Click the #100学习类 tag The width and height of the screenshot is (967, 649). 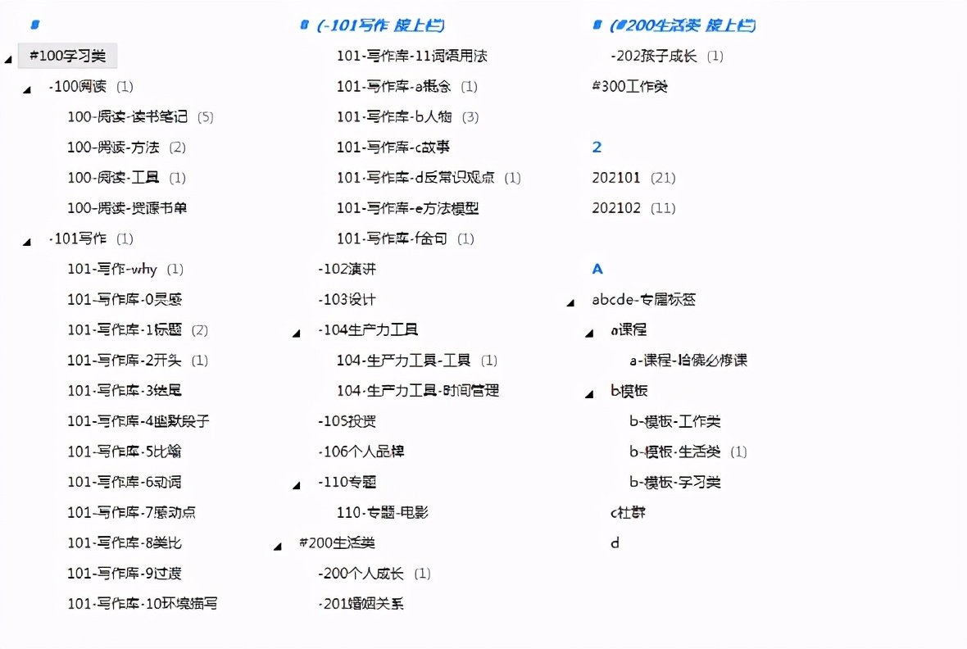pos(68,56)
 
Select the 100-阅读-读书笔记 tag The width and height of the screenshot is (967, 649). pos(127,117)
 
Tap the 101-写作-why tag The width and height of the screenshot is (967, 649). pos(112,269)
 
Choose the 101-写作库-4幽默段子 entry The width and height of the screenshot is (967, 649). pos(138,421)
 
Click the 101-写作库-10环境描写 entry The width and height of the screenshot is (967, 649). pos(142,604)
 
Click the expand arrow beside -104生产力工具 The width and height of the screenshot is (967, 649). pos(297,333)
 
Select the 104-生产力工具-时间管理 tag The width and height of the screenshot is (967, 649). pos(418,391)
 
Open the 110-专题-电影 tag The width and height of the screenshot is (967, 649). pos(383,512)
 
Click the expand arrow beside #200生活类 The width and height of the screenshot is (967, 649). pos(278,546)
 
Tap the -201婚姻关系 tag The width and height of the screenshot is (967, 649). pos(361,604)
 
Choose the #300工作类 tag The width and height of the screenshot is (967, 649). pos(630,86)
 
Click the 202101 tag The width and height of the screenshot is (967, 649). pos(616,178)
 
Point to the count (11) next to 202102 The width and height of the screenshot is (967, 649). pos(663,208)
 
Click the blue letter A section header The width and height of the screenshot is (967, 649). pos(597,269)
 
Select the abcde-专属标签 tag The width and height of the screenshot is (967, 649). pos(644,300)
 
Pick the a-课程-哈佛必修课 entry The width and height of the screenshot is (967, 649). pos(688,361)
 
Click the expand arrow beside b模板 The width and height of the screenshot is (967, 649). pos(589,394)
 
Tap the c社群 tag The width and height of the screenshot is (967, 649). pos(629,512)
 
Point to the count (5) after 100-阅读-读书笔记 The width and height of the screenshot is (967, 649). pos(205,117)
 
